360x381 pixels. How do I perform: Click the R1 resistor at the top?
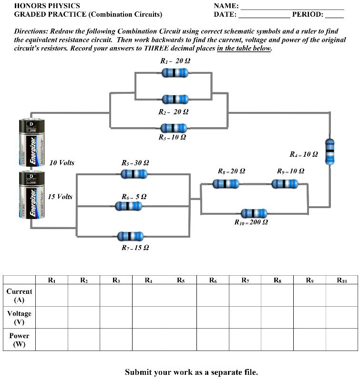175,73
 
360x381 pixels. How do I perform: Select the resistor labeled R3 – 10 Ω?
173,128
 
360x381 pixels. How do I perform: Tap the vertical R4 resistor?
329,151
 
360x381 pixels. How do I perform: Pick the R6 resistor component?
128,206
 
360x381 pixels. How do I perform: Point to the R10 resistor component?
254,213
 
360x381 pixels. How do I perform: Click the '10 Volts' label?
62,163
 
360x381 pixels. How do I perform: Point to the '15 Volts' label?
60,197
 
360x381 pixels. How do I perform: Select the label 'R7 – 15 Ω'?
135,248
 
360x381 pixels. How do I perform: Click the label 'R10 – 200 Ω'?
251,222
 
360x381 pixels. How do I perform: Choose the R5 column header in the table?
181,281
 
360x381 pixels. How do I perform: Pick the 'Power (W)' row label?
19,340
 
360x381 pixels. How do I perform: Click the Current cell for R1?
51,296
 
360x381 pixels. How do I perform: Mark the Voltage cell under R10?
341,317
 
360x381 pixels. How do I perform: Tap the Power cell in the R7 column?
245,340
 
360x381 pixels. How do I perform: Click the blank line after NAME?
292,6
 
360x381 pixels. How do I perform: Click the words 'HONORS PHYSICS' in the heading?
41,6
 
